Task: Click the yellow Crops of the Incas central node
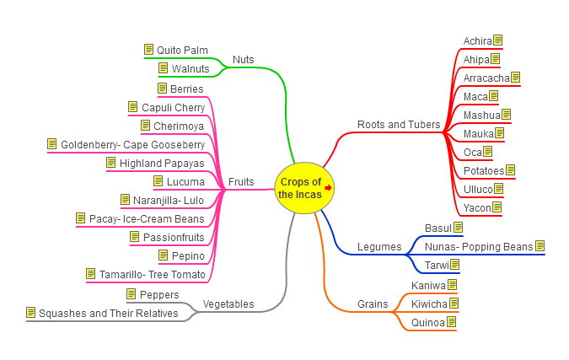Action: (x=301, y=187)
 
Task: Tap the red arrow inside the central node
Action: (x=328, y=188)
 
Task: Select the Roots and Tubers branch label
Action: (x=399, y=125)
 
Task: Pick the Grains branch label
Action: (x=373, y=304)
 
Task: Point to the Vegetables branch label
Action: (x=228, y=304)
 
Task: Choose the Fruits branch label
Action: (x=241, y=182)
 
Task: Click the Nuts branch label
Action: (x=243, y=60)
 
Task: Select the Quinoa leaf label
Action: (x=427, y=322)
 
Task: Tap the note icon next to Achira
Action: (x=498, y=40)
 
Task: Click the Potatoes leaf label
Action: (x=484, y=171)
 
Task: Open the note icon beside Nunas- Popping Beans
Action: (x=539, y=246)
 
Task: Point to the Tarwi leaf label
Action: (x=436, y=266)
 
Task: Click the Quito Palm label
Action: (x=182, y=51)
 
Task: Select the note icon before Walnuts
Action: (x=163, y=68)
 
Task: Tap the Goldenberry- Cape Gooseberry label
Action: (x=132, y=145)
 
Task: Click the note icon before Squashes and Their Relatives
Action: (x=31, y=313)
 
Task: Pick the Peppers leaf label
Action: (x=158, y=295)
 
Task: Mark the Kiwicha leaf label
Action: (x=429, y=304)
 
